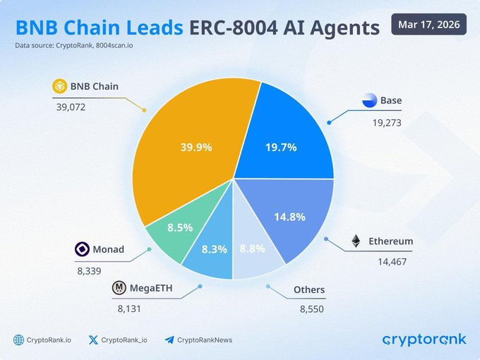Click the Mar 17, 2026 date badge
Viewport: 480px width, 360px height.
tap(428, 25)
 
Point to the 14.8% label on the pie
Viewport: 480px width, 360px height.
tap(289, 217)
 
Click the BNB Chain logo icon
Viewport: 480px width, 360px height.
tap(60, 87)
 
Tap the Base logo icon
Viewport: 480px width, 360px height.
tap(370, 100)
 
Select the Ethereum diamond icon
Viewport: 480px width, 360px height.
tap(355, 241)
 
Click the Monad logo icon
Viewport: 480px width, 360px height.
tap(81, 249)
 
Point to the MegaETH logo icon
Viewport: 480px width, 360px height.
tap(119, 288)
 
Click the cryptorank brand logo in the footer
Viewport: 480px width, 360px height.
tap(424, 340)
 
